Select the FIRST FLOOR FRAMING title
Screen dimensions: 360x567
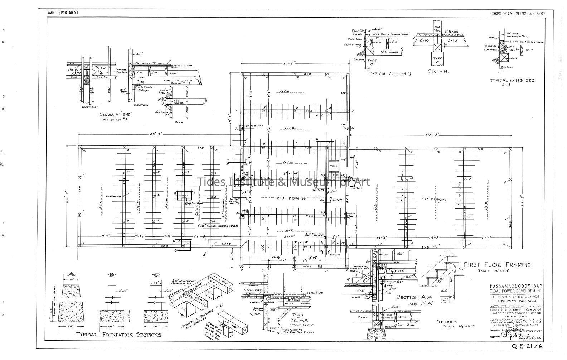tap(497, 265)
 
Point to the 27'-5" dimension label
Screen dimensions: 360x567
tap(295, 64)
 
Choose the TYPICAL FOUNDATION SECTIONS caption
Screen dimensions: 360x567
tap(118, 335)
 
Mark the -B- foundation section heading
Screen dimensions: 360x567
tap(112, 275)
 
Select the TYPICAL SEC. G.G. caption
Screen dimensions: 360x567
tap(391, 73)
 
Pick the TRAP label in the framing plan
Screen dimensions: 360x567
tap(334, 167)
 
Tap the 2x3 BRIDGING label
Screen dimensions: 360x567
tap(291, 198)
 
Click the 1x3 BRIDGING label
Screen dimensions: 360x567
tap(434, 200)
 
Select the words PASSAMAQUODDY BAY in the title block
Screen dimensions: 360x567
tap(515, 285)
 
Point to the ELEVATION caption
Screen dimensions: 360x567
tap(90, 107)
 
